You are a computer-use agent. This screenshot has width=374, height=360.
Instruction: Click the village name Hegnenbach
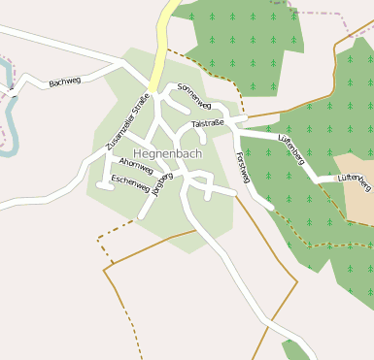[x=168, y=153]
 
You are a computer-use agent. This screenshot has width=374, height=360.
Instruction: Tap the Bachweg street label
[x=65, y=82]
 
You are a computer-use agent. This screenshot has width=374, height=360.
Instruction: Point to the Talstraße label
[x=208, y=124]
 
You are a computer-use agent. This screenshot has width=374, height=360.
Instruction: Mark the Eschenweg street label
[x=130, y=180]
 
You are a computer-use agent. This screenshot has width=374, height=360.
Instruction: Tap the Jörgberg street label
[x=162, y=182]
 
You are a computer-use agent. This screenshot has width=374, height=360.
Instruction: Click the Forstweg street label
[x=242, y=166]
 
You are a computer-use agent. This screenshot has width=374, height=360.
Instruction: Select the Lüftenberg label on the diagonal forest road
[x=291, y=150]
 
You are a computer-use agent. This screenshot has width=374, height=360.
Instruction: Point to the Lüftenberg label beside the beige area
[x=355, y=180]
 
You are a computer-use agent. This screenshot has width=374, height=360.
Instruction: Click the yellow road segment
[x=166, y=39]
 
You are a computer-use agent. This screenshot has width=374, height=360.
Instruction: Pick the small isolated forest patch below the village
[x=295, y=349]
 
